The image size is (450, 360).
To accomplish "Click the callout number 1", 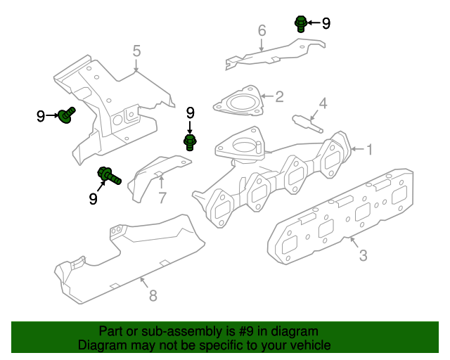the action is pos(370,149).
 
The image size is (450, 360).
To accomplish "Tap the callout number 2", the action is pos(279,96).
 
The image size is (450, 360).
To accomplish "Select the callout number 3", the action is pos(363,255).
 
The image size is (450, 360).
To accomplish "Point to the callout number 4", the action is pos(323,103).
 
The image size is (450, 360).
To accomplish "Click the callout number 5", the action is pos(136,51).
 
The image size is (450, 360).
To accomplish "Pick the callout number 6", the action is pos(262,30).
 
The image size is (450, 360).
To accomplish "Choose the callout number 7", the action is pos(162,198).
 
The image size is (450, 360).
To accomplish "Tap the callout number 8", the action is pos(153,295).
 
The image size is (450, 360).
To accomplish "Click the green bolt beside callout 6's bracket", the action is pos(301,24).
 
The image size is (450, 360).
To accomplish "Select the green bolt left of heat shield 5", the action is pos(67,115).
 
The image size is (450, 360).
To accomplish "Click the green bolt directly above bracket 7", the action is pos(190,142).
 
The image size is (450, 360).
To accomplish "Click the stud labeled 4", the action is pos(308,124).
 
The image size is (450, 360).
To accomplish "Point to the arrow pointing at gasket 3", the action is pos(354,243).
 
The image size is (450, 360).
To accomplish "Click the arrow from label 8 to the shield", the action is pos(144,282).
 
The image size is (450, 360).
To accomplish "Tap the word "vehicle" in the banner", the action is pos(313,345).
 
